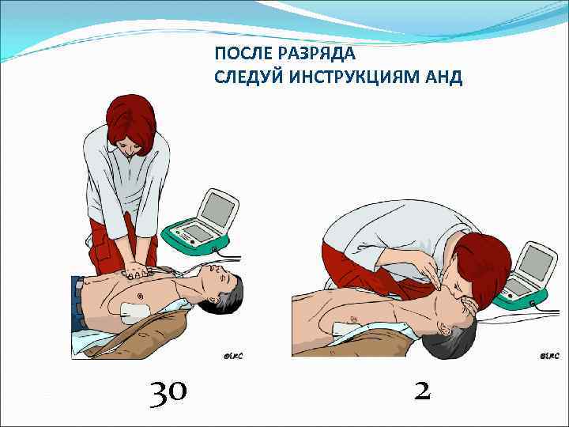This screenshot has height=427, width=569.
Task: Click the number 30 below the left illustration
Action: tap(168, 391)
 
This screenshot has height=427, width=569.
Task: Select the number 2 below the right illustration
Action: tap(422, 390)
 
